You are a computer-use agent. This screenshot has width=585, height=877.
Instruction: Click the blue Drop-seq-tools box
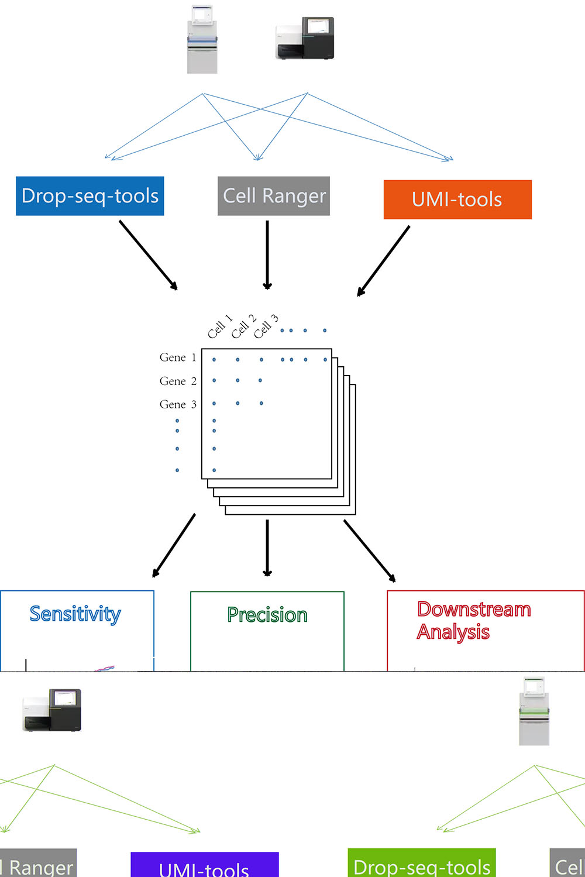(x=90, y=196)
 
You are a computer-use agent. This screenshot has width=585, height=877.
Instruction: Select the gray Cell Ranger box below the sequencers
(x=273, y=196)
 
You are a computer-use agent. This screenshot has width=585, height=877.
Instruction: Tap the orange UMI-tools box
(x=457, y=200)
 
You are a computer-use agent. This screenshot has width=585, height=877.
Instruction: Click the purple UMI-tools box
(x=204, y=865)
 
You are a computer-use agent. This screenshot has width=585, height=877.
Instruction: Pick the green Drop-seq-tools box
(x=421, y=864)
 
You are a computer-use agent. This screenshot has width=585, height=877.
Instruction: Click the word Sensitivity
(x=75, y=614)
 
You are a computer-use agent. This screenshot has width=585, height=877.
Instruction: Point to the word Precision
(x=267, y=615)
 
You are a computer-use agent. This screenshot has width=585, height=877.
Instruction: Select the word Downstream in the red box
(x=474, y=609)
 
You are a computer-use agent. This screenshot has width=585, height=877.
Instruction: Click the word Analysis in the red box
(x=453, y=632)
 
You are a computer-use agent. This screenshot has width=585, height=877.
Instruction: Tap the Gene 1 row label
(x=178, y=357)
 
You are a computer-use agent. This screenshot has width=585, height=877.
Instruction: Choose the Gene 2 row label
(x=178, y=381)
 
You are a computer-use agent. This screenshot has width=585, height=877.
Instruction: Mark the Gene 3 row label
(x=178, y=405)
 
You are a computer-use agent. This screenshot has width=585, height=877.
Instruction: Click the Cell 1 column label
(x=219, y=327)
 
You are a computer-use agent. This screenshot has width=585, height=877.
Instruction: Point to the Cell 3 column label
(x=266, y=326)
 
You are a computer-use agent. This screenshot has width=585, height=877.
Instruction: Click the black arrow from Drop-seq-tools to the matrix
(x=148, y=254)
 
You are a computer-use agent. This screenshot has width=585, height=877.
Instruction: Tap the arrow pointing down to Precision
(x=267, y=548)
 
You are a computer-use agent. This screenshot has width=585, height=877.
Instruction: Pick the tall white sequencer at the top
(x=202, y=39)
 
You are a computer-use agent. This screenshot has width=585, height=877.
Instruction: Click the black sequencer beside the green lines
(x=52, y=710)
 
